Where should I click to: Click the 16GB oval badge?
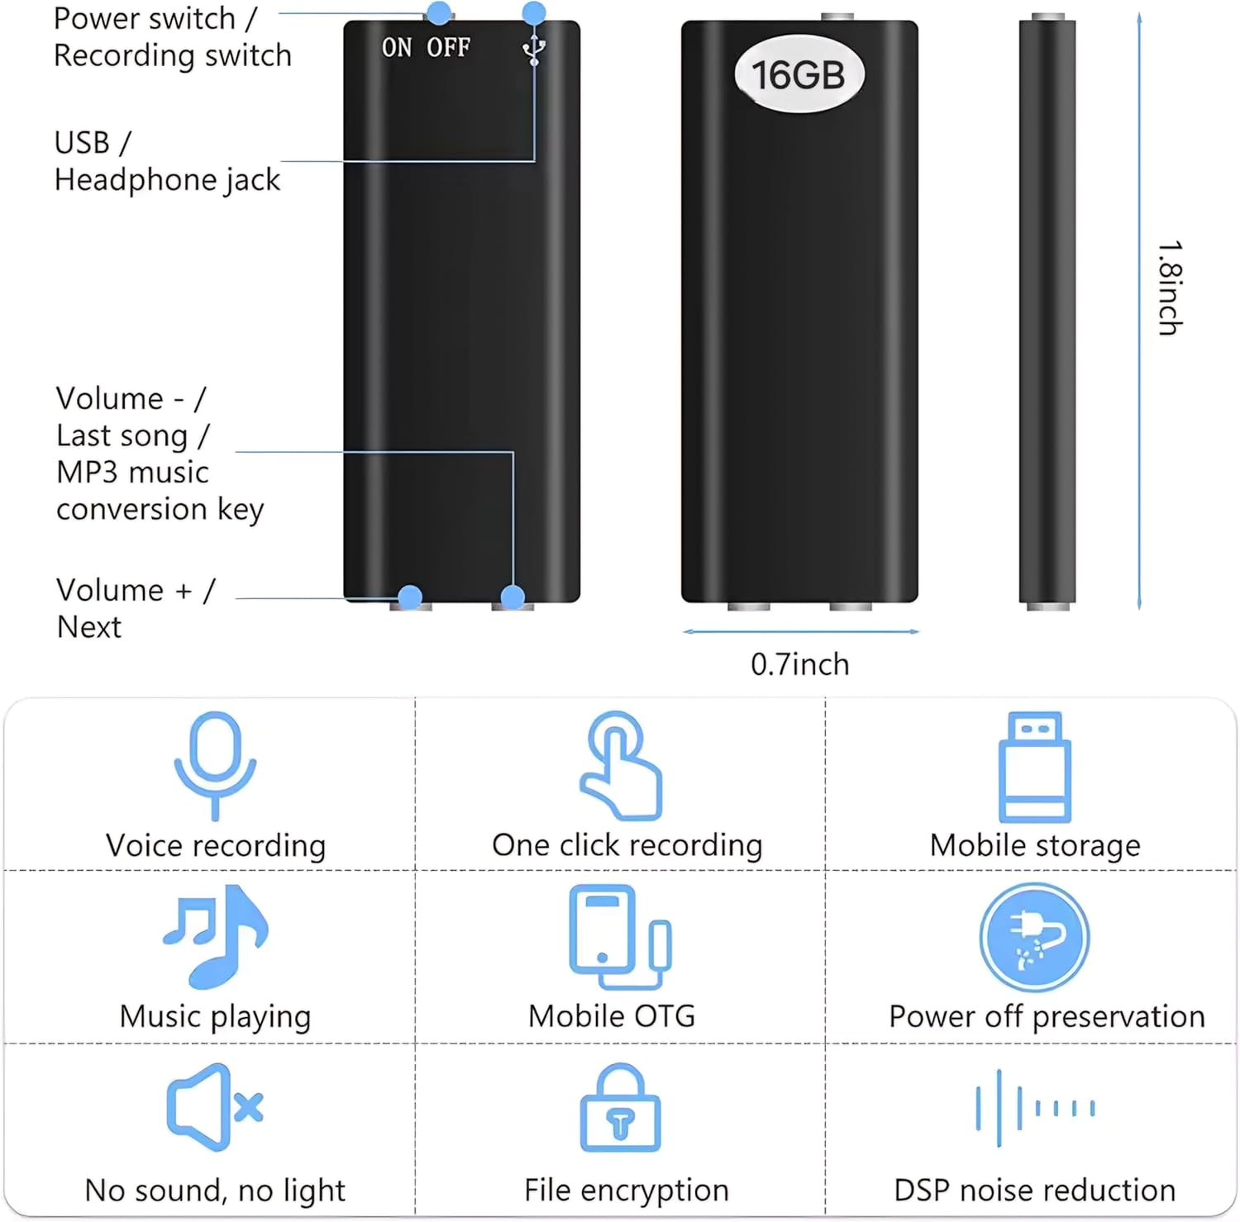799,74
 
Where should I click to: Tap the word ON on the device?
397,48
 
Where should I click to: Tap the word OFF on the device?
448,48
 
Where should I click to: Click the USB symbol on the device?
534,50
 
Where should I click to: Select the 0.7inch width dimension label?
799,664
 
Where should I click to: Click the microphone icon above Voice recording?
215,764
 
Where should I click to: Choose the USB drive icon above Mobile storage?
1034,766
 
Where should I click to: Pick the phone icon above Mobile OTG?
619,936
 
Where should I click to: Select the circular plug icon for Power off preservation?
1034,937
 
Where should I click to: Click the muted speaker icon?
214,1107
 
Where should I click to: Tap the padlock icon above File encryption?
621,1108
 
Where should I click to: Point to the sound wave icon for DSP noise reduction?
1034,1108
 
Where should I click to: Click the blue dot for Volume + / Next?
410,597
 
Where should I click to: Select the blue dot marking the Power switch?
439,12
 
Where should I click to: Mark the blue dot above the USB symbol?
534,12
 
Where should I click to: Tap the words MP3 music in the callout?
132,472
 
